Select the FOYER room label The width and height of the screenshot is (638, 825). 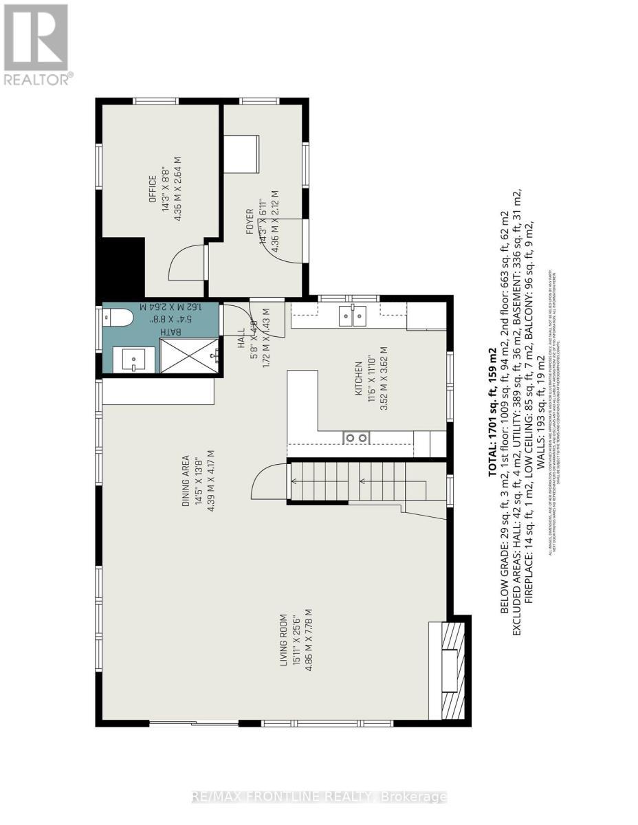click(250, 221)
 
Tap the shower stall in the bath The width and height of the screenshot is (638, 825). click(189, 357)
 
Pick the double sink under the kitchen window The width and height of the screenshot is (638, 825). click(353, 316)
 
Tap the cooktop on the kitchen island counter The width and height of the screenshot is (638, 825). click(356, 437)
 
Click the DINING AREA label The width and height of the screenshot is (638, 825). click(186, 481)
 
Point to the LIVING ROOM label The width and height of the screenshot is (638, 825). click(283, 643)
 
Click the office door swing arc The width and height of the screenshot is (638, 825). click(185, 262)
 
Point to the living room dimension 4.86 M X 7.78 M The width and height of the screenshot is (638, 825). click(310, 639)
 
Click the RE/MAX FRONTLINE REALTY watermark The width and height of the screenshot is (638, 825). click(319, 797)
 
